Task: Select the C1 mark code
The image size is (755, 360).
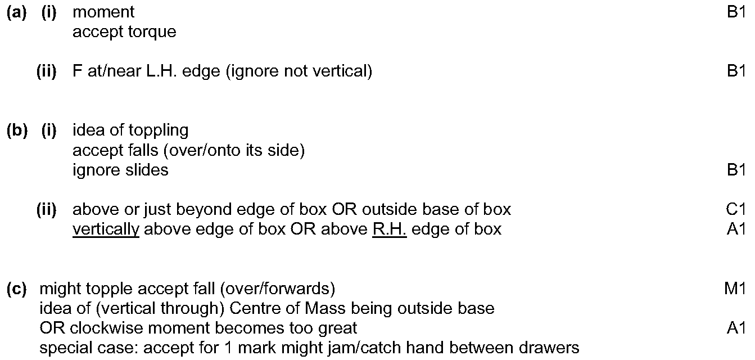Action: (x=735, y=209)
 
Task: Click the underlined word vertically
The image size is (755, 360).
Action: (x=106, y=229)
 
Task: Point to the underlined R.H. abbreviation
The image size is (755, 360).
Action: (x=389, y=229)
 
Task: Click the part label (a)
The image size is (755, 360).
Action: (x=16, y=12)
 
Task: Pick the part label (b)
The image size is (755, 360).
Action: (x=16, y=130)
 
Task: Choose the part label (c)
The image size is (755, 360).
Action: (x=16, y=289)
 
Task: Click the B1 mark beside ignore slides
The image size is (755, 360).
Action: (x=735, y=170)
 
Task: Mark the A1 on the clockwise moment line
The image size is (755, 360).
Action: (x=735, y=328)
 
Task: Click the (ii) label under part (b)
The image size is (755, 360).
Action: (x=47, y=209)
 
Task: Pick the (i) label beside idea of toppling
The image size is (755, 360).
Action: (x=49, y=130)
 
